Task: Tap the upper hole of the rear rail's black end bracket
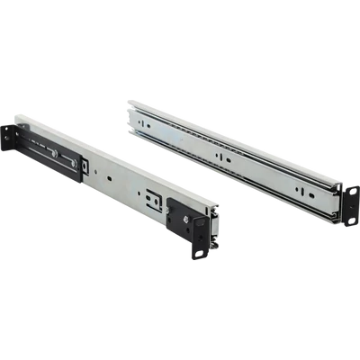coord(346,189)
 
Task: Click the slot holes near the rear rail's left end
coord(148,126)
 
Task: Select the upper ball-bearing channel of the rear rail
coord(234,148)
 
